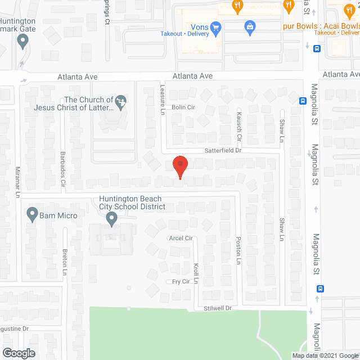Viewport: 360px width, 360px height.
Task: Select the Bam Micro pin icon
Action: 31,214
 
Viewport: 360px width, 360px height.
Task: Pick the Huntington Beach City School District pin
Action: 111,218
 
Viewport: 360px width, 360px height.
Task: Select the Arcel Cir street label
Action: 181,238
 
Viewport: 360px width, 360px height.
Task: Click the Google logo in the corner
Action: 18,353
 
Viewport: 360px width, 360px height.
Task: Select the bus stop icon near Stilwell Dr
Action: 320,289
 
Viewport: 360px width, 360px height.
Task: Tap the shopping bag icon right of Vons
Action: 249,26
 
